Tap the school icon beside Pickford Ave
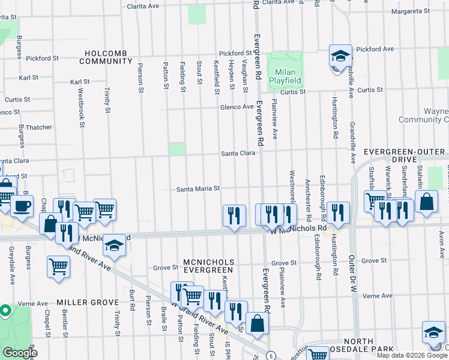coord(340,56)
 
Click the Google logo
coord(19,353)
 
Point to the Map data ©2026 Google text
coord(412,355)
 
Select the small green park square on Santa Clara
coord(177,149)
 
